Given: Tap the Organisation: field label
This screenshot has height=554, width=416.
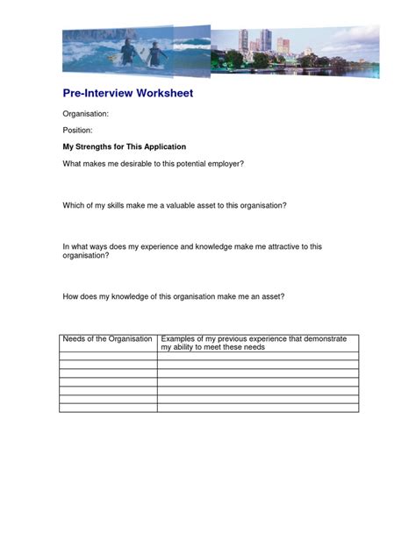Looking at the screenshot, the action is point(84,114).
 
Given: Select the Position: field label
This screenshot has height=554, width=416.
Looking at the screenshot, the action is point(77,130).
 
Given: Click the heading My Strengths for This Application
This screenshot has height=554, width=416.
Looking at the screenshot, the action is point(124,146).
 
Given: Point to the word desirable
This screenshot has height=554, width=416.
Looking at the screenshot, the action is point(151,164).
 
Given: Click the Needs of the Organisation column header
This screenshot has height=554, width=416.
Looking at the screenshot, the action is point(107,338).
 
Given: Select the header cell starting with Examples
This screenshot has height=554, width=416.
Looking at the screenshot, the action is point(257,343).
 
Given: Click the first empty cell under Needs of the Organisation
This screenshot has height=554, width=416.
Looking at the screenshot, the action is point(108,356).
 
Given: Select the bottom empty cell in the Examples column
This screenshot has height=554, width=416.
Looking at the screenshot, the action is point(257,408).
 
